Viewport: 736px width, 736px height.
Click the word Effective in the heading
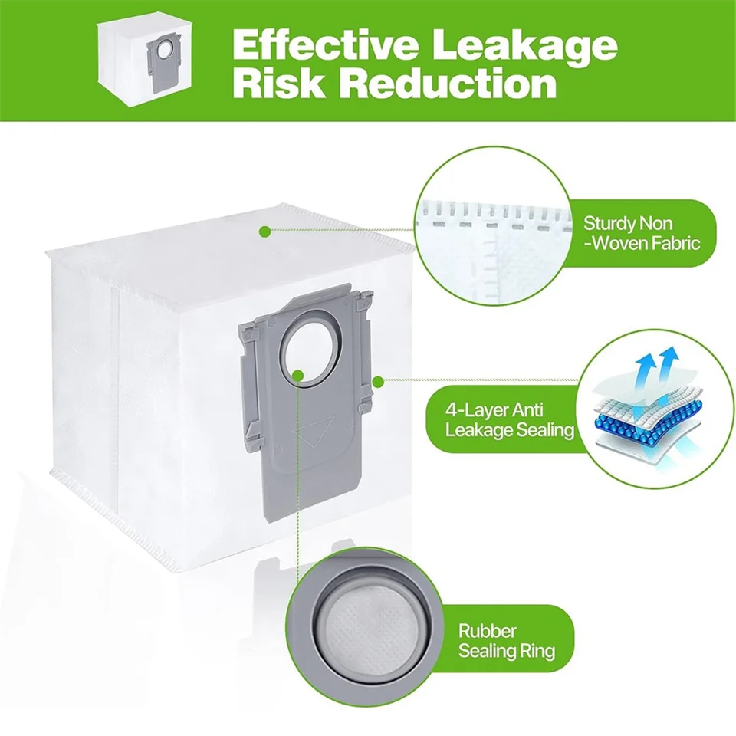click(325, 44)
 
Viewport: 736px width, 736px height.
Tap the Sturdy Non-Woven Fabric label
click(641, 233)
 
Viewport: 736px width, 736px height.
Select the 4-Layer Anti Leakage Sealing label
click(509, 420)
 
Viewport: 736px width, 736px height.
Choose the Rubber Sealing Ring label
click(507, 641)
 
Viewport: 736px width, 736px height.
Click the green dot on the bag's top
click(265, 231)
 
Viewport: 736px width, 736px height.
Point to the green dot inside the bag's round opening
click(297, 375)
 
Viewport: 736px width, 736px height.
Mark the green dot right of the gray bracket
click(378, 382)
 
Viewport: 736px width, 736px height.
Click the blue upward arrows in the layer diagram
click(655, 366)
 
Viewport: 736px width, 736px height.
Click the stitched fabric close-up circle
click(493, 226)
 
